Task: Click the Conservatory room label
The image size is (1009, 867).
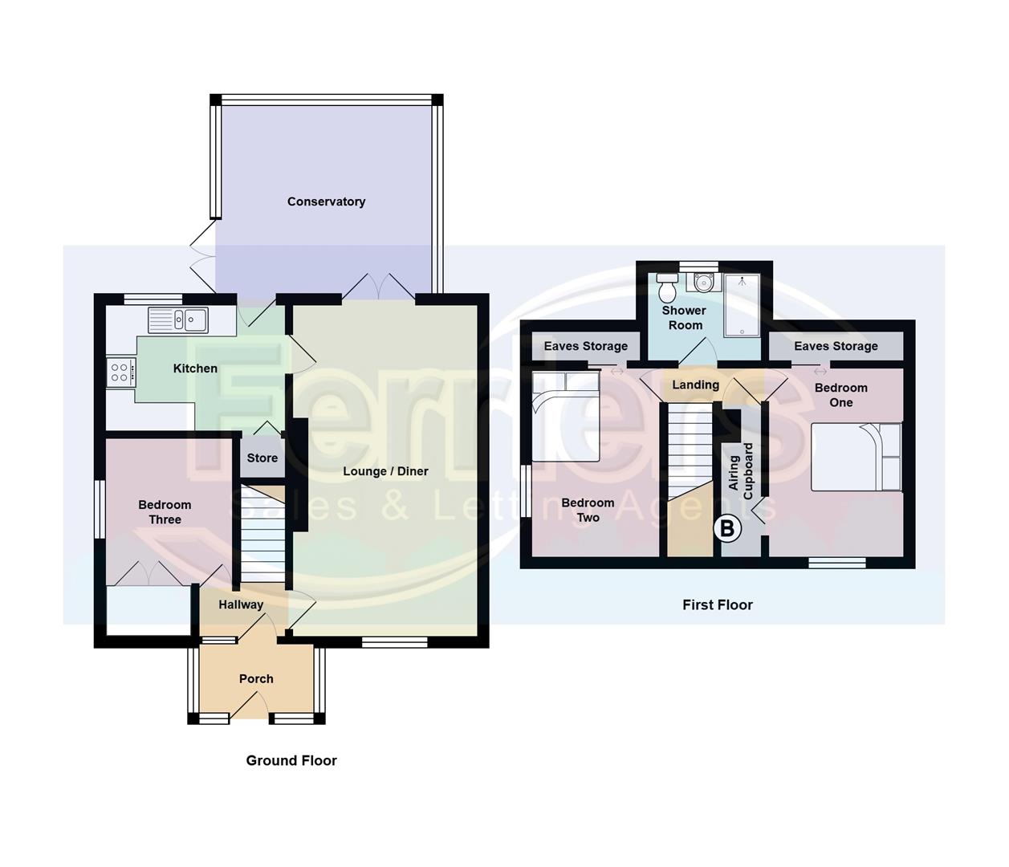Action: point(326,201)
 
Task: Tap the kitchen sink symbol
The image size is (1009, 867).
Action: point(178,320)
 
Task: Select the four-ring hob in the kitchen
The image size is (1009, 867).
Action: point(120,372)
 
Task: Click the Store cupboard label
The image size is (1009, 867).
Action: point(262,458)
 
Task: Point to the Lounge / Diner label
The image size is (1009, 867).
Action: point(385,471)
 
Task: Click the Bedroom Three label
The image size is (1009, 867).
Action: point(165,512)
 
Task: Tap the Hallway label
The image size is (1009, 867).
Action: point(241,604)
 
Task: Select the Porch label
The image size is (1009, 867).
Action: point(256,678)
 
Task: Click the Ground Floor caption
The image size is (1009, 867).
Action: point(291,760)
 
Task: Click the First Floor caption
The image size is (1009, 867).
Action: point(718,604)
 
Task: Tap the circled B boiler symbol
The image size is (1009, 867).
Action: point(728,528)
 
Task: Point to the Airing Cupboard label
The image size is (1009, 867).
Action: point(740,471)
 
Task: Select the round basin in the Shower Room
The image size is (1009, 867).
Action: point(703,283)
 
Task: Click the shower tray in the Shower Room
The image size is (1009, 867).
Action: point(741,305)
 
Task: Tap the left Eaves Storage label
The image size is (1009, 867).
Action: point(586,346)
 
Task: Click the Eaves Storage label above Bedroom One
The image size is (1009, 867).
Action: point(836,346)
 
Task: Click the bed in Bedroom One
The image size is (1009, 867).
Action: point(856,457)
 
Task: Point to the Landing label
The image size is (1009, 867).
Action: point(695,385)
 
